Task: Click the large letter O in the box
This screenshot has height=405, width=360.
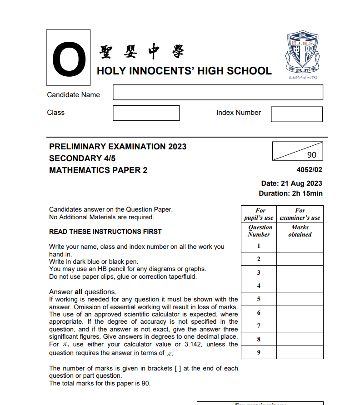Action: pyautogui.click(x=68, y=58)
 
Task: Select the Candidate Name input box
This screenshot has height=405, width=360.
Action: pyautogui.click(x=218, y=92)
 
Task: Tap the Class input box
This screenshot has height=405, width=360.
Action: pyautogui.click(x=146, y=113)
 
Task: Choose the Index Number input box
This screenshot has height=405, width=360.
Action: pyautogui.click(x=296, y=114)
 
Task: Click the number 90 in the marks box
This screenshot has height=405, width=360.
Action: pyautogui.click(x=311, y=155)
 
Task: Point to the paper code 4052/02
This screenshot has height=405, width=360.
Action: pyautogui.click(x=309, y=170)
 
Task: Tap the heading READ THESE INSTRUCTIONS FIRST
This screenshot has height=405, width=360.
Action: pyautogui.click(x=105, y=232)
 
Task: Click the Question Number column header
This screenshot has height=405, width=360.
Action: pyautogui.click(x=259, y=231)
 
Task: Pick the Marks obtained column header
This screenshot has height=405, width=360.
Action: pyautogui.click(x=300, y=231)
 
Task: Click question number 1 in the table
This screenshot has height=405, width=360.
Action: pyautogui.click(x=259, y=246)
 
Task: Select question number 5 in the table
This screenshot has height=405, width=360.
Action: pyautogui.click(x=259, y=299)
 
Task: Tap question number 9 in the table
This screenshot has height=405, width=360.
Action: pyautogui.click(x=259, y=353)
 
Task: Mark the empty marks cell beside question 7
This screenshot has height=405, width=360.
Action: pyautogui.click(x=300, y=326)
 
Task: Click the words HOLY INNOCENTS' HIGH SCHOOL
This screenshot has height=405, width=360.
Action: pyautogui.click(x=184, y=71)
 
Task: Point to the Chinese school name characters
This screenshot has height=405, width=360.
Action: pyautogui.click(x=141, y=52)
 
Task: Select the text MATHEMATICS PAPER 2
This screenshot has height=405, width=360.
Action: pyautogui.click(x=98, y=170)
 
